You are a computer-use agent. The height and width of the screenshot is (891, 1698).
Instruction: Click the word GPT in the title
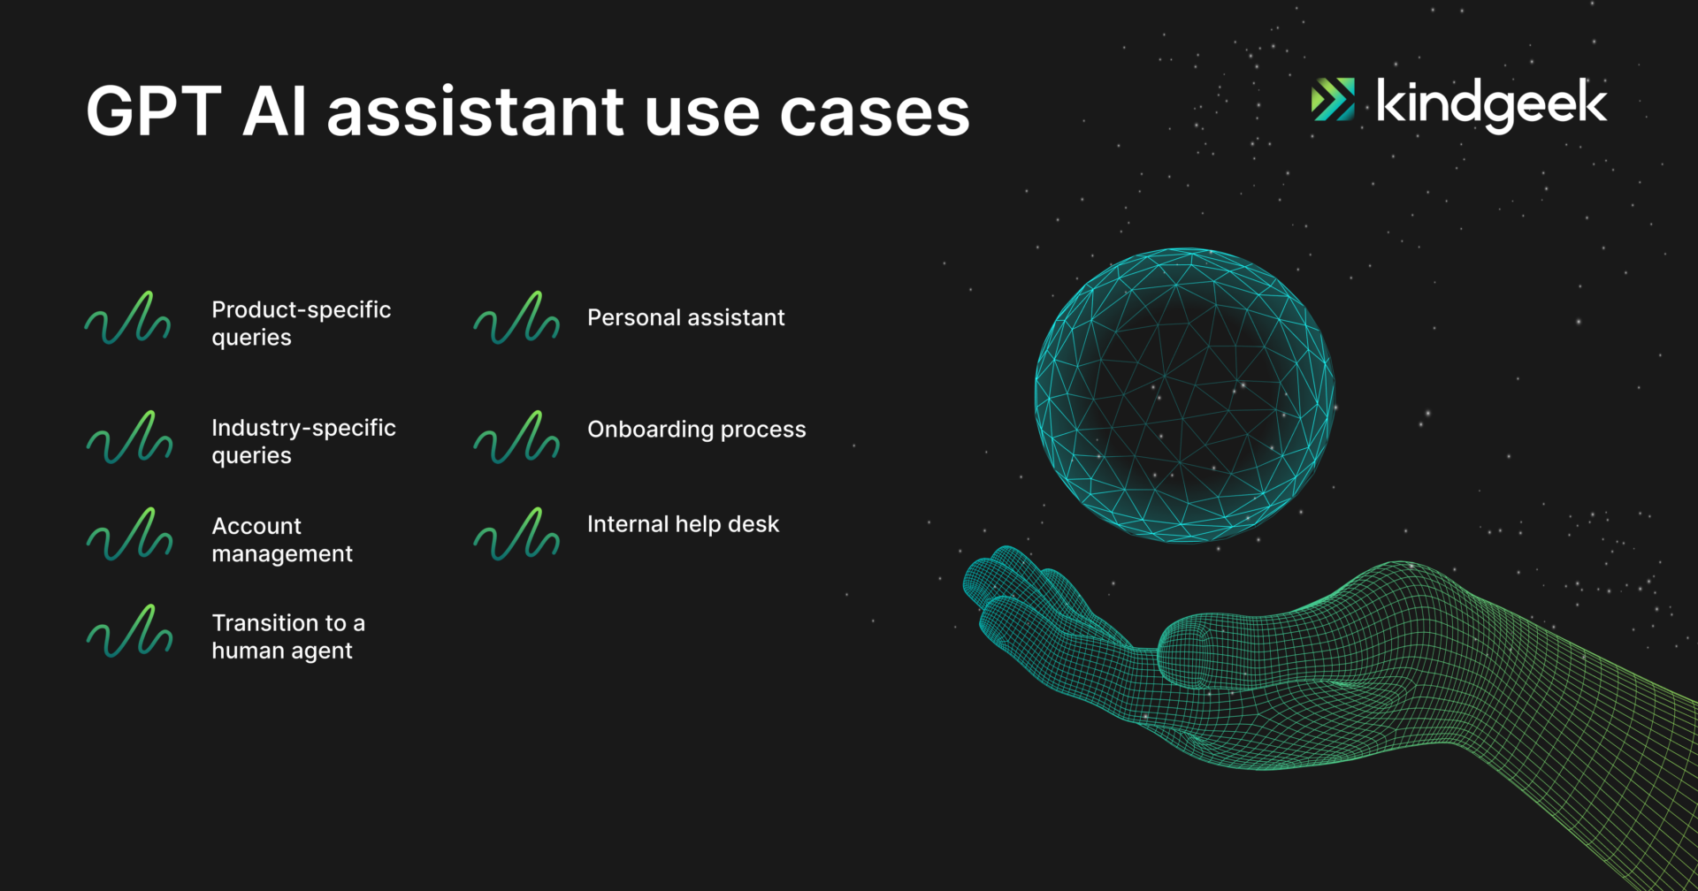tap(153, 111)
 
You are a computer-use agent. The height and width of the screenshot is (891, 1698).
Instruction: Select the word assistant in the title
tap(476, 111)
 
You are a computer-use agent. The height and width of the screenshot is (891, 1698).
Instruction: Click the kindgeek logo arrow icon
tap(1333, 99)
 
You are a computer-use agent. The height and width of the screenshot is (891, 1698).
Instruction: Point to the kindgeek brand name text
tap(1491, 104)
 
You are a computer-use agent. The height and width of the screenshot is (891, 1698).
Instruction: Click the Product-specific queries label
tap(301, 324)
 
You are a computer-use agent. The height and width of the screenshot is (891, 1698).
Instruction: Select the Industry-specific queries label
tap(303, 441)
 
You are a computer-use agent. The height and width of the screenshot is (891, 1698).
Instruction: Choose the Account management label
tap(282, 539)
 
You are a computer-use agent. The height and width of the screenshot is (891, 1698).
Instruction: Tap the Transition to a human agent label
tap(288, 636)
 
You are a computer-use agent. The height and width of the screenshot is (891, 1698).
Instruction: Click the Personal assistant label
tap(686, 317)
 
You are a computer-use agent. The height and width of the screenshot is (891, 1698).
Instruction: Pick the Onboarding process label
tap(697, 430)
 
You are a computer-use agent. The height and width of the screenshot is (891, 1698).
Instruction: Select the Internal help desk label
tap(684, 524)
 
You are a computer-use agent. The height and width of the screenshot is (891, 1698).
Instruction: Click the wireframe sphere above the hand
tap(1184, 395)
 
